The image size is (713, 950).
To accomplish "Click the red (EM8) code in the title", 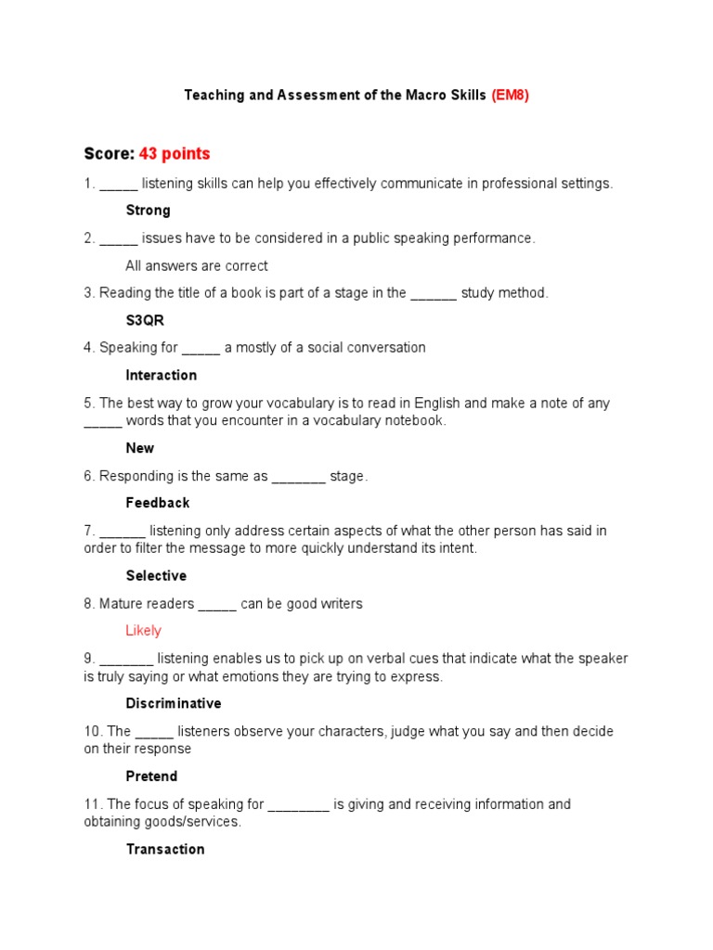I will (510, 96).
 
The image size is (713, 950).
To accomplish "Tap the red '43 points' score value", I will (175, 154).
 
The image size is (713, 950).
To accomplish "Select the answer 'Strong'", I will (148, 211).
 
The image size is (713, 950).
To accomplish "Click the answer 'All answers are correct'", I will (196, 266).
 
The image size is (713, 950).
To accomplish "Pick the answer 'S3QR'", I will (145, 320).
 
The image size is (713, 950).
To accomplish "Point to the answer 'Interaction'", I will (161, 376).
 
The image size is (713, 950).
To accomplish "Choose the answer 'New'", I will (140, 448).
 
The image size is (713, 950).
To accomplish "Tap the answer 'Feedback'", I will (158, 503).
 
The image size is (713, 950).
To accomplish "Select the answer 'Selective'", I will (156, 576).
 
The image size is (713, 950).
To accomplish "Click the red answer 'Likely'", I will (143, 631).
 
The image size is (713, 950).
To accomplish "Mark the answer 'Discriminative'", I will (174, 703).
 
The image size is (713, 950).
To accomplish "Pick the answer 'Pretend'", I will (151, 777).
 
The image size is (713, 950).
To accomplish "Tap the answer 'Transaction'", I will (164, 849).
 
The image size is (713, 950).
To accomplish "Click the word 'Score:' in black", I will (110, 154).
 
